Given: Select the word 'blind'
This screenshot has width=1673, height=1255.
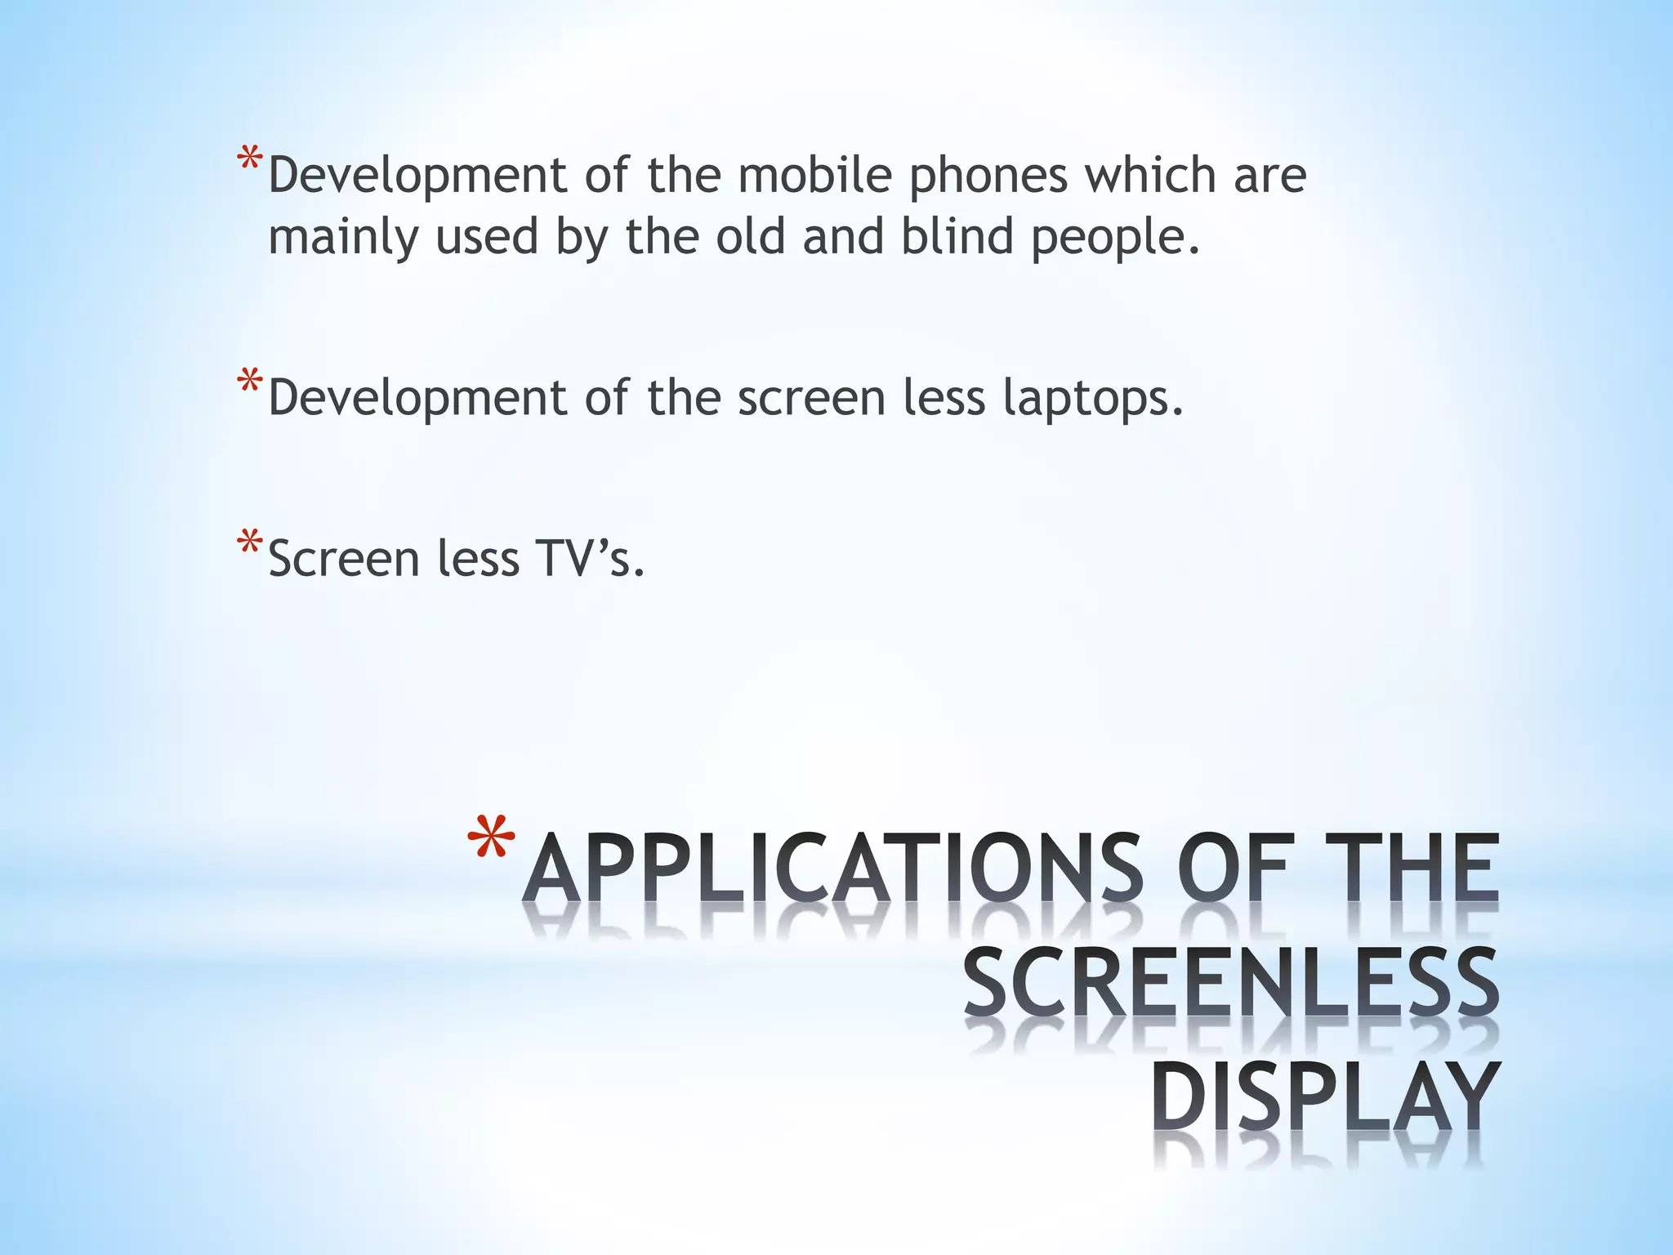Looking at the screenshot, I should coord(956,236).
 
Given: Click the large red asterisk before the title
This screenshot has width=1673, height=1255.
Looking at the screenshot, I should coord(492,842).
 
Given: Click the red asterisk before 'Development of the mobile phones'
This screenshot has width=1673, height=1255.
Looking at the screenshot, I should coord(249,160).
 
